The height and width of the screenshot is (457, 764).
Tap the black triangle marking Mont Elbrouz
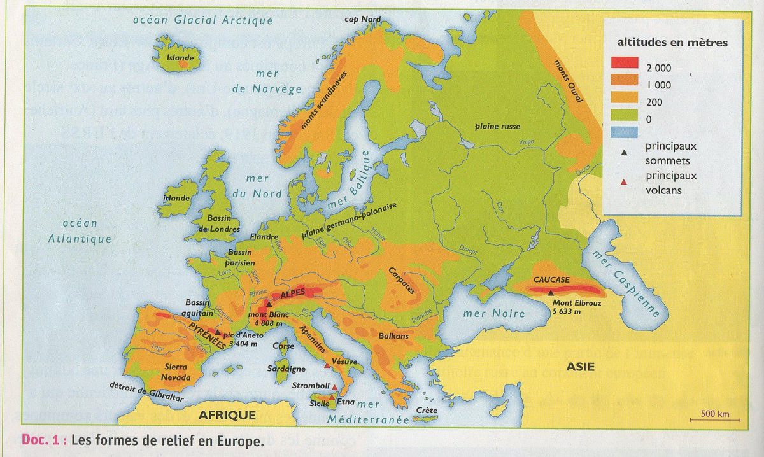tap(550, 292)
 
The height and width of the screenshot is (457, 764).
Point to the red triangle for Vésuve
tap(328, 365)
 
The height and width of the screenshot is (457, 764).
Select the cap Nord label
tap(362, 19)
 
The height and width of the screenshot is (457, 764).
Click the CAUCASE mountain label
tap(551, 279)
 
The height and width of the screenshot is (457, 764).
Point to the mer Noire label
tap(494, 313)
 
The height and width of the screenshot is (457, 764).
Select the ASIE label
tap(580, 366)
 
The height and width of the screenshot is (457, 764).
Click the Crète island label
tap(426, 410)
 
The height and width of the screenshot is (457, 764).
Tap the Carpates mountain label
tap(401, 280)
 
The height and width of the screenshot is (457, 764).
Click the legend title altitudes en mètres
tap(672, 43)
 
